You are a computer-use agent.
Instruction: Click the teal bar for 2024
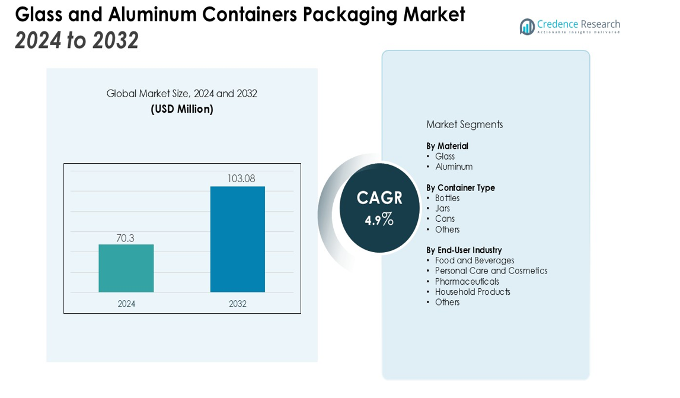coord(126,268)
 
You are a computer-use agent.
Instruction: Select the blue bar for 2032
coord(237,239)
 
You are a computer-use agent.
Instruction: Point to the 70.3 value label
coord(125,238)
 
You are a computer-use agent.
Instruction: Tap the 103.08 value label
coord(241,179)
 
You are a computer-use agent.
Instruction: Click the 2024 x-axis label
coord(126,304)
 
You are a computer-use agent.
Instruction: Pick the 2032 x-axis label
coord(238,304)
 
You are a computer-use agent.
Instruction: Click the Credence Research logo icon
coord(527,27)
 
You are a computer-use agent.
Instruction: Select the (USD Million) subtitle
coord(182,109)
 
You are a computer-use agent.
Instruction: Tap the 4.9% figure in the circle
coord(379,219)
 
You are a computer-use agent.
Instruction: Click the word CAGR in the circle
coord(379,198)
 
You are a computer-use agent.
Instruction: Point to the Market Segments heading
coord(464,125)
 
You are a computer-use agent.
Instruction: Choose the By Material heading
coord(447,146)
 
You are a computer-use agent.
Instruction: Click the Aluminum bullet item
coord(454,167)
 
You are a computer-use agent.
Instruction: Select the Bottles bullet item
coord(447,198)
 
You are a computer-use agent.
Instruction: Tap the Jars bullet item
coord(442,208)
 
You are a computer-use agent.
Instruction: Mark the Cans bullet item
coord(445,219)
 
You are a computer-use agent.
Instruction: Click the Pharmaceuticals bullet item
coord(467,282)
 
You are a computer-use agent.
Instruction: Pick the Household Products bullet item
coord(473,292)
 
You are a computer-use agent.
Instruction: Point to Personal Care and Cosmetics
coord(491,271)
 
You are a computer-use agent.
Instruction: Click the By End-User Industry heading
coord(464,250)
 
